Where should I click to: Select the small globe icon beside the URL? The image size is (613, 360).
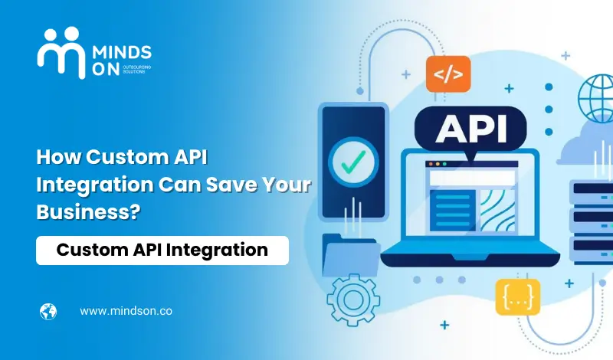[x=48, y=312]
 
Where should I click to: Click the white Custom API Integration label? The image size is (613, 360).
[x=162, y=250]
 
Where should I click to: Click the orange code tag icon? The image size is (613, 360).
[x=448, y=74]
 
